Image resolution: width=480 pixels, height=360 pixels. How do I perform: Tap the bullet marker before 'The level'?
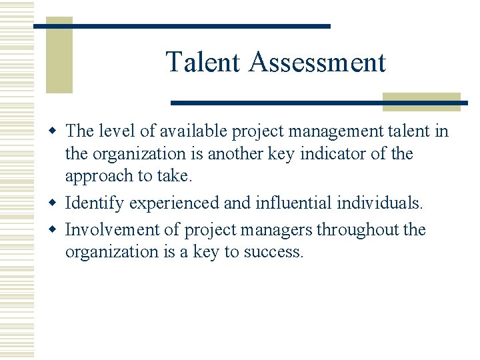[56, 131]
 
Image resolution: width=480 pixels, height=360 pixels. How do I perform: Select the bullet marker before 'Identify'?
[56, 202]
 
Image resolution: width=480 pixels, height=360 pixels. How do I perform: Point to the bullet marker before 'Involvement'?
[56, 230]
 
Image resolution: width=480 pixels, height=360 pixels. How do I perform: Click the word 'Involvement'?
[115, 230]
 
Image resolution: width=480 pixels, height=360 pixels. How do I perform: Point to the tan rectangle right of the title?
[421, 101]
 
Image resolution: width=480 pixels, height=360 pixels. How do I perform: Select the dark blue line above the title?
[182, 26]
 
